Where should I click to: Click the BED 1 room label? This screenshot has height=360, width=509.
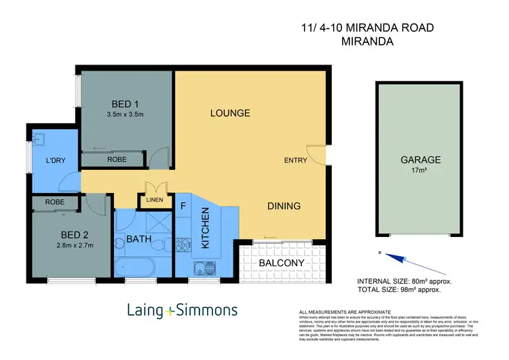(x=125, y=103)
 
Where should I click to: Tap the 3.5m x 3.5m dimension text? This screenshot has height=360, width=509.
(x=125, y=115)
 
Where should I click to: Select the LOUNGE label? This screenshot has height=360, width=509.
(x=231, y=113)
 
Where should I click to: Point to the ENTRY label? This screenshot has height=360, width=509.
(x=296, y=161)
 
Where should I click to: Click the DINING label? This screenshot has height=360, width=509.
(x=284, y=206)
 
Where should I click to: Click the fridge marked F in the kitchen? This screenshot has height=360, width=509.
(x=183, y=203)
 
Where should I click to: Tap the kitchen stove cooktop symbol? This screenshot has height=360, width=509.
(x=183, y=242)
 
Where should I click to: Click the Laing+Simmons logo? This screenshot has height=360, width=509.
(x=183, y=311)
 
